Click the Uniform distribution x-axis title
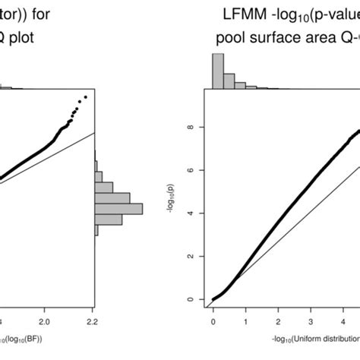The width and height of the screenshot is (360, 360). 311,336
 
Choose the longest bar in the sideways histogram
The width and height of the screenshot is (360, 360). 118,208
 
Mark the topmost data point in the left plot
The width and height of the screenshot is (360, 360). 85,97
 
